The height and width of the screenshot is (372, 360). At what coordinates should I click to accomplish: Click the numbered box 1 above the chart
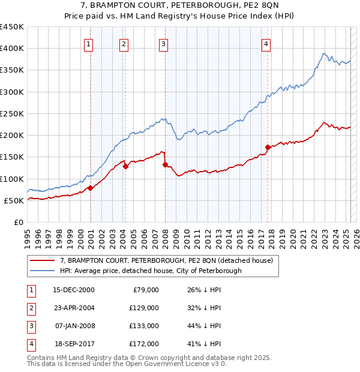click(x=88, y=43)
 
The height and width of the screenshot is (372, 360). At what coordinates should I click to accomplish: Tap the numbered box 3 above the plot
click(x=163, y=43)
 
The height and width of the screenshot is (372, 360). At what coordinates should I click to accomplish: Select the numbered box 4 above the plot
click(x=266, y=43)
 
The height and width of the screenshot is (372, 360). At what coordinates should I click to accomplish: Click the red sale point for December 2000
click(x=90, y=188)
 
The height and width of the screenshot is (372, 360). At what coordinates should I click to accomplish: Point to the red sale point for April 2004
click(x=125, y=166)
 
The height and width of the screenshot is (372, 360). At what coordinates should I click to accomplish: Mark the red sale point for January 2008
click(x=165, y=164)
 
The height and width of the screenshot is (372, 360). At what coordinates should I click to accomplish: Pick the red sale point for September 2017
click(x=268, y=147)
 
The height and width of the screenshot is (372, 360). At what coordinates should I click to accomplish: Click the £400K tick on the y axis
click(x=12, y=49)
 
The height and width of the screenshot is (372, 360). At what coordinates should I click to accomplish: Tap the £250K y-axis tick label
click(x=12, y=113)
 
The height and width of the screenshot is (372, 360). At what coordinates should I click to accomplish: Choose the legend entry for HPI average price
click(x=150, y=271)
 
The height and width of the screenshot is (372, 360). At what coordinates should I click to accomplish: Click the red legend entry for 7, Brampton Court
click(x=166, y=260)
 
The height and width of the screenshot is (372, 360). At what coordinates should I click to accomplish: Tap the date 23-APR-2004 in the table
click(x=74, y=308)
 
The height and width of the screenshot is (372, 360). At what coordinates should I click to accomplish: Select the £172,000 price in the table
click(x=144, y=344)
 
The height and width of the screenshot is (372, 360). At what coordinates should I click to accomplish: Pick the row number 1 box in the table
click(x=30, y=290)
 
